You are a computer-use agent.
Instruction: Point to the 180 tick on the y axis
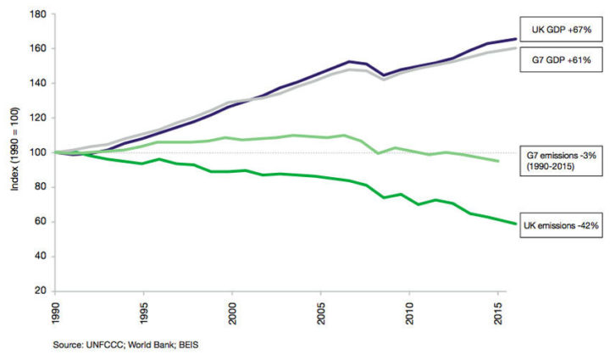(x=38, y=14)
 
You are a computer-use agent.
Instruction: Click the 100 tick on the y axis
(x=38, y=152)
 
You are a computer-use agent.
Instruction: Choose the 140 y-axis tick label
(x=38, y=83)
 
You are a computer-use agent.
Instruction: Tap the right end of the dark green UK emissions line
(x=514, y=224)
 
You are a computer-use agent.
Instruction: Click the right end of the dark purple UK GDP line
(x=514, y=39)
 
